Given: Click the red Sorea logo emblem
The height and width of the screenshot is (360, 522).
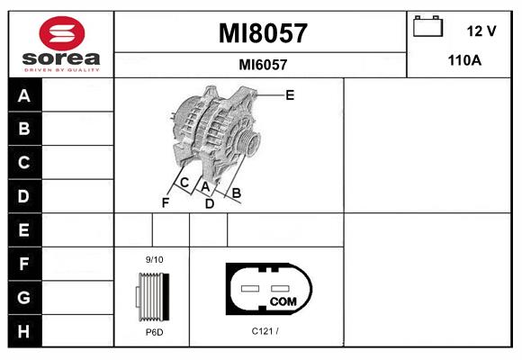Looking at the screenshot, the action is pos(62,33).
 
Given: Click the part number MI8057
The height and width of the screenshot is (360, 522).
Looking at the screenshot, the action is pos(263,33).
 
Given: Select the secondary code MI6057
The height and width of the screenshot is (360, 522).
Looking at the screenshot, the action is pos(263,65).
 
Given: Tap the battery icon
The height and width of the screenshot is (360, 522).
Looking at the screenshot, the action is pos(427,26).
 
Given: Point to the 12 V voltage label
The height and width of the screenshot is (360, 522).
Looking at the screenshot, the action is pos(481,31).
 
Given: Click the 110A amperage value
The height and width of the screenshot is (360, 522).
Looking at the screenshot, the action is pos(464,60).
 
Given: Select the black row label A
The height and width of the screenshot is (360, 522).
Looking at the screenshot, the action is pos(24,95).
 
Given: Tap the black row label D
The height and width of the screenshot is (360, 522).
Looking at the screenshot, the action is pos(24,196).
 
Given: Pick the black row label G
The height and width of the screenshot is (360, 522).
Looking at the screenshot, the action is pos(24,297).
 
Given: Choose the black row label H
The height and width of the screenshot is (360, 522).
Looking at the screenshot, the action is pos(24,331).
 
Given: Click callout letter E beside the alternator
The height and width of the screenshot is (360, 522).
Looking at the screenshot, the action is pos(290,95).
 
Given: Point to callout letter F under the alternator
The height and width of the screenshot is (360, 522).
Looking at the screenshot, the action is pos(166,202).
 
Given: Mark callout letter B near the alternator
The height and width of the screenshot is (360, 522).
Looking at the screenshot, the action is pos(237,193).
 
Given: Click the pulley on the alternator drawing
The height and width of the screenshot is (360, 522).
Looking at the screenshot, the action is pos(248,141).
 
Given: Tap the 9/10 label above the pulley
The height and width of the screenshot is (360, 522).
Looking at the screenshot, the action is pos(155,259).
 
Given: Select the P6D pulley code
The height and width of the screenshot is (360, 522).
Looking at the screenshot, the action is pos(155,332).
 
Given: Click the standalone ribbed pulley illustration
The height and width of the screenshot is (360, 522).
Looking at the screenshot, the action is pos(153,297).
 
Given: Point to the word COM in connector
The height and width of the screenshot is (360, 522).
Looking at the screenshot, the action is pos(283,301).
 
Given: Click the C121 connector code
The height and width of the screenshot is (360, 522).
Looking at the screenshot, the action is pos(265,331).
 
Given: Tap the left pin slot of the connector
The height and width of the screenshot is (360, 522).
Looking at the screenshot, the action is pos(250,288).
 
